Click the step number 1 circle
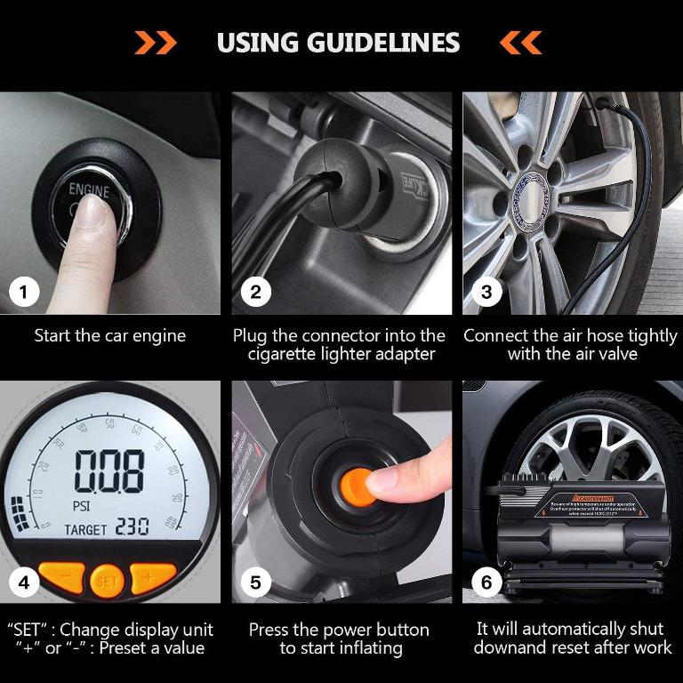pos(24,292)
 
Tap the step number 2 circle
pos(255,292)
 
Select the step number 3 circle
pos(486,292)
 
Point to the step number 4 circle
pos(24,583)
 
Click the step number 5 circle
pos(255,583)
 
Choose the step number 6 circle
pos(486,583)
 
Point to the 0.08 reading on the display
pos(108,471)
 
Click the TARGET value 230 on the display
pos(132,527)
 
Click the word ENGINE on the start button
pos(90,190)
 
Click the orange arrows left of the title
pos(156,42)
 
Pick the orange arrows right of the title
pos(520,42)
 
